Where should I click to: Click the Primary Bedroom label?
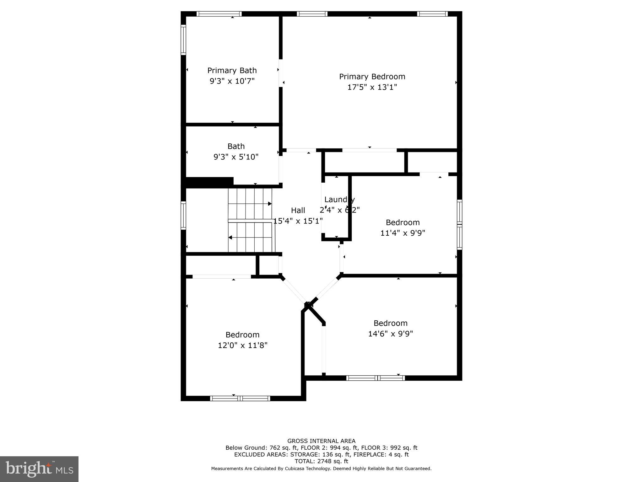372,77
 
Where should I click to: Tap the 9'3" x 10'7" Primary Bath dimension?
232,81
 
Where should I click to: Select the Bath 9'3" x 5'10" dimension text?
236,157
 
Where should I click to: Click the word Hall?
298,210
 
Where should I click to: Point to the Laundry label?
339,200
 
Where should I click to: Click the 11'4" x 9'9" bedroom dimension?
403,233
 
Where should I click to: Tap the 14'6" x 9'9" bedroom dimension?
390,334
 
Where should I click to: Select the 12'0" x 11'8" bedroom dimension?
242,345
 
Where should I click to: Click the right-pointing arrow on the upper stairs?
269,204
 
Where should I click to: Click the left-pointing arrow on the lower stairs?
230,238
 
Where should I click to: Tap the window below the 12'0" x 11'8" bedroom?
240,399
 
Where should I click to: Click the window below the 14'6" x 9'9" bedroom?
376,378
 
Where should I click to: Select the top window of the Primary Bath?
219,14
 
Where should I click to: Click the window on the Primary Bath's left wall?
183,40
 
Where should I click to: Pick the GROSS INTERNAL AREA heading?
321,441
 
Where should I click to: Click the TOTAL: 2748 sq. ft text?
321,461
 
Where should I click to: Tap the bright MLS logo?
39,469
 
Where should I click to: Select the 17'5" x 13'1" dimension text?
372,87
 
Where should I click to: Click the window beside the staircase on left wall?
183,215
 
